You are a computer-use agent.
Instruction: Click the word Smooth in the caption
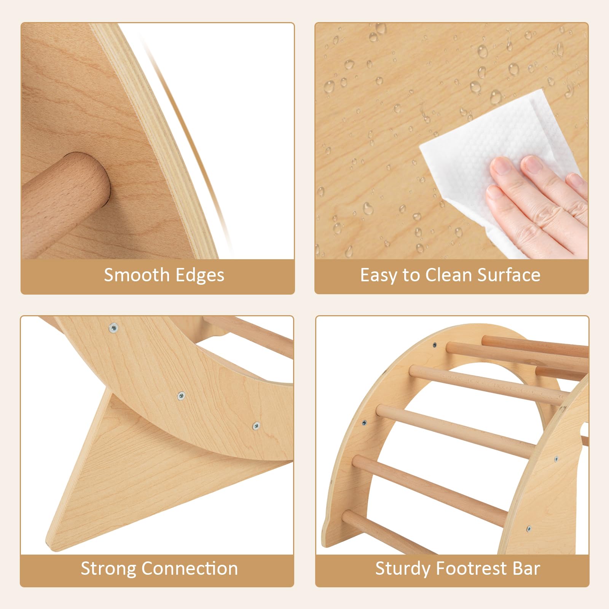tap(137, 275)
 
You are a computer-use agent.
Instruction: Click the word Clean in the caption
tap(449, 275)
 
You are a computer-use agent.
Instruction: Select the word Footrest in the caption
tap(471, 569)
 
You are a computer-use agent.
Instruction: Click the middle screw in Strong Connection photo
tap(182, 396)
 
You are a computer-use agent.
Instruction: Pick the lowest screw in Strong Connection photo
tap(256, 426)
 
